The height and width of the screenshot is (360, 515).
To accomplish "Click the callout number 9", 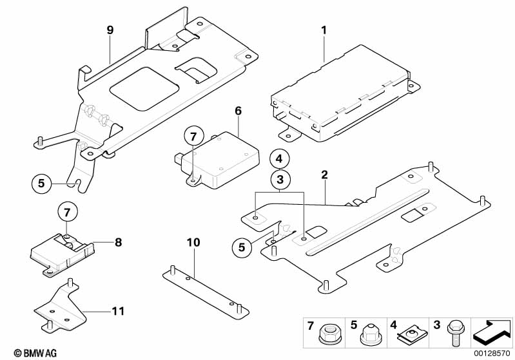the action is (x=110, y=30).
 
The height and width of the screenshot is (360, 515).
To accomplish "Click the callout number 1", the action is (x=324, y=30).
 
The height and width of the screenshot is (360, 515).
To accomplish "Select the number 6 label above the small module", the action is (x=238, y=111).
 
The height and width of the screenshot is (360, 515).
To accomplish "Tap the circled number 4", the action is (x=279, y=159).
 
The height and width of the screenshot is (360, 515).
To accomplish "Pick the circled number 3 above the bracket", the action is (x=280, y=180).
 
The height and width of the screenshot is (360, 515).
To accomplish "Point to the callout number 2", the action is (x=324, y=175).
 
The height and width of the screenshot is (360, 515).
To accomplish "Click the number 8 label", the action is (x=118, y=243).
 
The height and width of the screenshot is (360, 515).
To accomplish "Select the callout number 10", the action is (x=193, y=243).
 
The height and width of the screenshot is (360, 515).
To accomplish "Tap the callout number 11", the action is (x=118, y=311).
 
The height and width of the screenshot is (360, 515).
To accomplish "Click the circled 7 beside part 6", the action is (x=193, y=136).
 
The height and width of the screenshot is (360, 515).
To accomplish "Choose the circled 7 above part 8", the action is (x=67, y=213).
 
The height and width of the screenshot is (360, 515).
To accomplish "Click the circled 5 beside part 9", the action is (x=41, y=183).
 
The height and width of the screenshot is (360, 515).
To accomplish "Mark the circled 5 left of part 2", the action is (x=242, y=247).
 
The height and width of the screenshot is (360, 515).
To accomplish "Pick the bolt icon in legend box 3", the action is (x=454, y=332).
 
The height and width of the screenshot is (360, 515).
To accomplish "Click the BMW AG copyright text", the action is (x=35, y=353).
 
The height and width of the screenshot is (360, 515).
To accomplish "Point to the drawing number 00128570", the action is (x=492, y=353).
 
